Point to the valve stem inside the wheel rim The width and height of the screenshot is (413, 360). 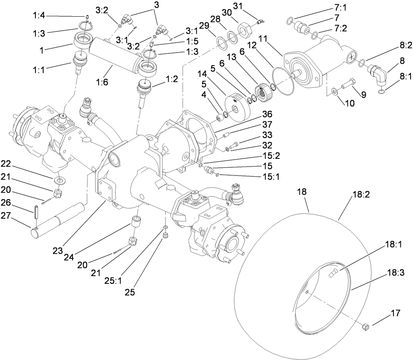(x=331, y=275)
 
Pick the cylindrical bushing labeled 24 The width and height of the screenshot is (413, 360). (x=136, y=224)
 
